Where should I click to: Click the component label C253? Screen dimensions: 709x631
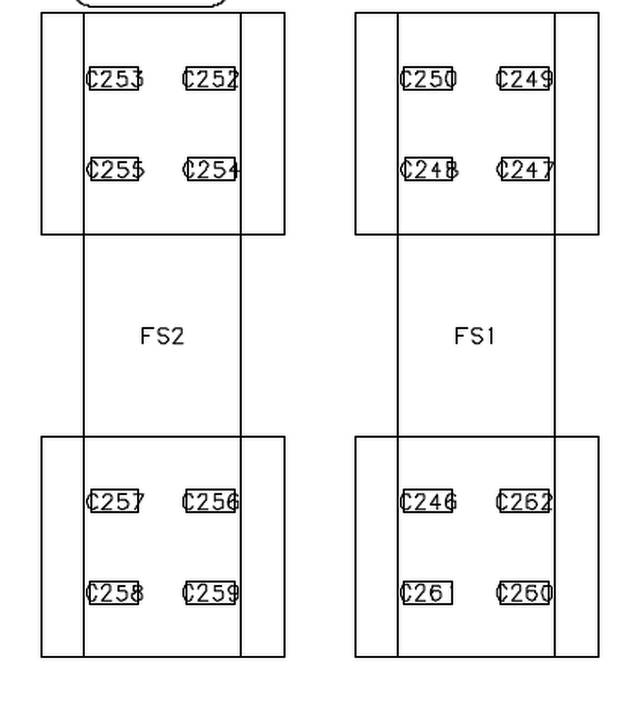click(x=114, y=79)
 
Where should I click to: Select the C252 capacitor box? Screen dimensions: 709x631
click(x=211, y=79)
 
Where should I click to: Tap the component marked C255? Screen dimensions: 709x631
click(x=115, y=169)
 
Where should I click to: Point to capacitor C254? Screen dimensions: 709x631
click(x=211, y=169)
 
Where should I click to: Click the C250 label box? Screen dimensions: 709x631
click(x=428, y=79)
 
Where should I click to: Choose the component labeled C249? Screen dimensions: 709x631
click(x=525, y=79)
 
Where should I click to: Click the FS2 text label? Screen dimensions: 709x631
click(x=162, y=336)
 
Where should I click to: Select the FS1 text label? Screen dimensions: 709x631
click(x=475, y=336)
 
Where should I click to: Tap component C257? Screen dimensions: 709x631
click(x=115, y=502)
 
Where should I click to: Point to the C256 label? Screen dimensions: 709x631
click(x=211, y=502)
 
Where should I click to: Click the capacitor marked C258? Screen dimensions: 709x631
click(x=114, y=593)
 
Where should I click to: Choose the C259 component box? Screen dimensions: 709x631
click(x=211, y=593)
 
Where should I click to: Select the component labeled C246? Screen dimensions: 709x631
click(x=428, y=502)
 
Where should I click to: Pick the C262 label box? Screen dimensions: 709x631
click(x=525, y=502)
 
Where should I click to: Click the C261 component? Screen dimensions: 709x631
click(x=427, y=593)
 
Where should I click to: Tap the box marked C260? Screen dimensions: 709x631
click(x=525, y=593)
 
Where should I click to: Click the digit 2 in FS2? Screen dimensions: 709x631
click(x=177, y=336)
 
